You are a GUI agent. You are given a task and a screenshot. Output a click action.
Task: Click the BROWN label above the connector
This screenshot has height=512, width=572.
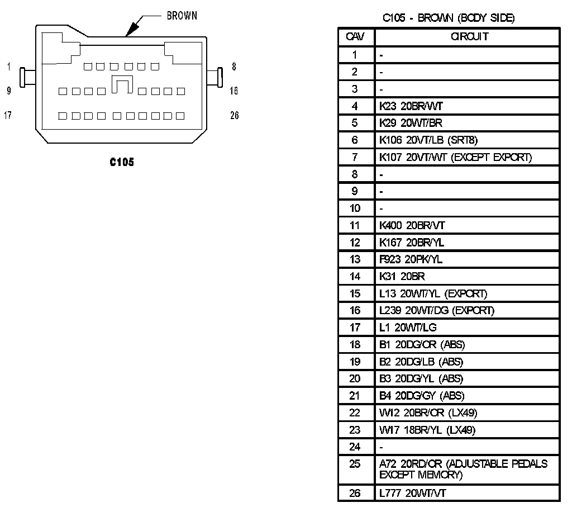182,16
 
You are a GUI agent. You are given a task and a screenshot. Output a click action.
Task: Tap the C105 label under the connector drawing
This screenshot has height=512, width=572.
122,162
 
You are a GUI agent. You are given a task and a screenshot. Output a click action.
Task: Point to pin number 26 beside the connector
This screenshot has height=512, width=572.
234,116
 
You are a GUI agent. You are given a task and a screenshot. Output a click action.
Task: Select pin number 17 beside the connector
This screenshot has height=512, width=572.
8,116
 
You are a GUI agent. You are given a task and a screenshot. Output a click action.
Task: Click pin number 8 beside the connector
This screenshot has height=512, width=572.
233,67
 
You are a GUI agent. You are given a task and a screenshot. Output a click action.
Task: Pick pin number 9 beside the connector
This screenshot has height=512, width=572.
8,91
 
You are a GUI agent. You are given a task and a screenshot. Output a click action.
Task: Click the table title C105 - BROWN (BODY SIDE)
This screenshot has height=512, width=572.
448,18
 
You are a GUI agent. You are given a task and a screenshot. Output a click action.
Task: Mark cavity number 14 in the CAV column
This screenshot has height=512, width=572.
355,276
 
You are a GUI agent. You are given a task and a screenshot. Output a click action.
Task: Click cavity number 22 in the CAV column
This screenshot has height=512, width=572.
355,413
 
